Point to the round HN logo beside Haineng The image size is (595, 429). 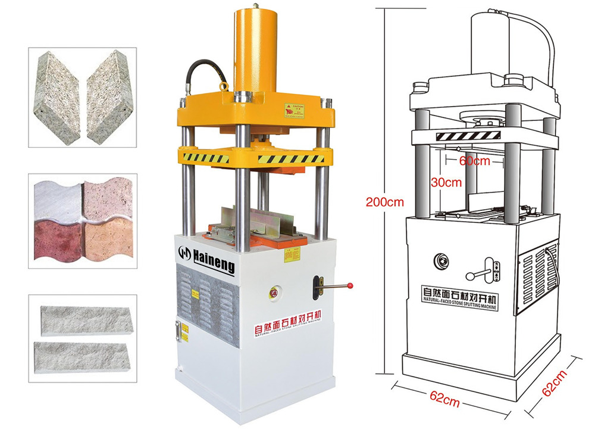(x=185, y=253)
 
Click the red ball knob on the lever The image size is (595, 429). (x=350, y=285)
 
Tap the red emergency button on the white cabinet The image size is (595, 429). (x=275, y=293)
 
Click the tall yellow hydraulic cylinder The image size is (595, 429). (x=255, y=48)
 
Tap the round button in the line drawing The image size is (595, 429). (x=441, y=260)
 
